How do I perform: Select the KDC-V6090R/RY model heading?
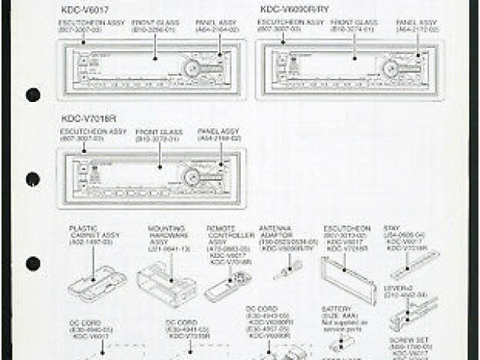point(294,10)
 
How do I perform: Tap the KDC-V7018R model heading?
point(88,118)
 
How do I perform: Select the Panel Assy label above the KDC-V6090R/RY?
point(416,27)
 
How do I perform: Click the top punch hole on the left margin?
point(33,95)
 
